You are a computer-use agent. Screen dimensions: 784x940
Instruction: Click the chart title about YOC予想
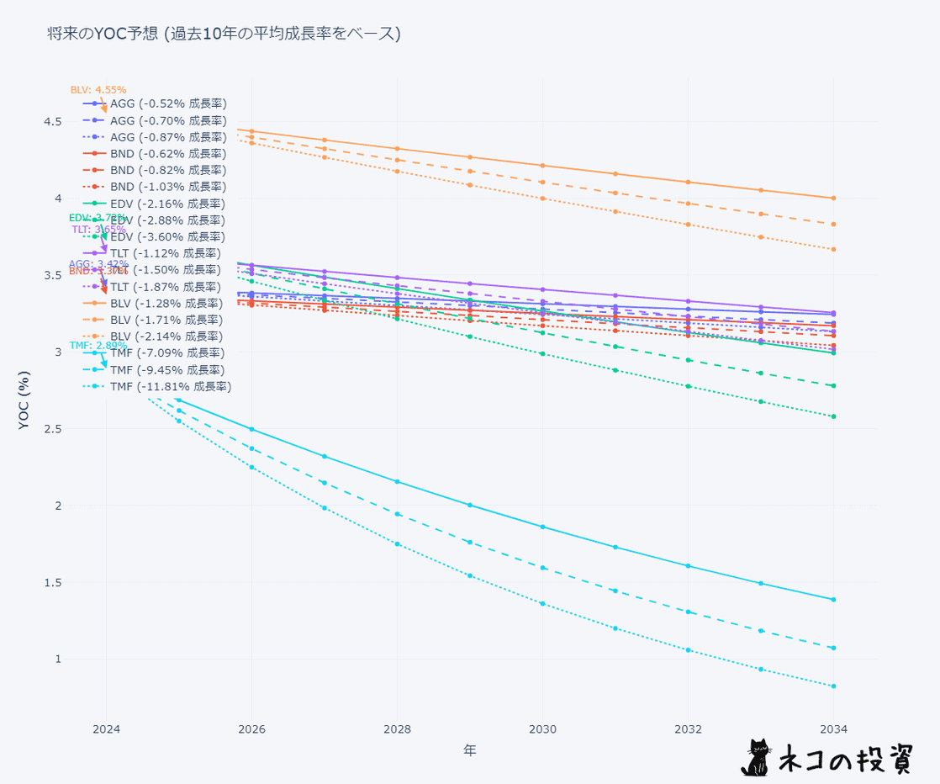[224, 34]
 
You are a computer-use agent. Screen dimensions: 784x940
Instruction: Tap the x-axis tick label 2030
[542, 728]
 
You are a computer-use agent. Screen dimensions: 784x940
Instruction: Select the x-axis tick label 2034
[833, 728]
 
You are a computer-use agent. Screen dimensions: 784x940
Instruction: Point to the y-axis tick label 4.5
[53, 122]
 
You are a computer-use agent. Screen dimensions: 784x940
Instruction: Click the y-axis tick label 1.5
[53, 582]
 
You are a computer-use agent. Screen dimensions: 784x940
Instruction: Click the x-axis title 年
[469, 750]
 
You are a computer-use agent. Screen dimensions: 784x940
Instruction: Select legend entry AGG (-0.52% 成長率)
[168, 103]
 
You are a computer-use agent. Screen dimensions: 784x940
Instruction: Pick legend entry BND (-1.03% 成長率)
[168, 187]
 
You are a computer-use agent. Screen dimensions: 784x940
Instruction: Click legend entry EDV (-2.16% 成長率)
[168, 204]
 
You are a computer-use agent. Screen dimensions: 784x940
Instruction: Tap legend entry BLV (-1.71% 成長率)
[168, 320]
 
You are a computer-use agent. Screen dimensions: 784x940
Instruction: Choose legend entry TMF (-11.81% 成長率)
[171, 386]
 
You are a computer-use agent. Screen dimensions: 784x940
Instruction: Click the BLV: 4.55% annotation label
[98, 89]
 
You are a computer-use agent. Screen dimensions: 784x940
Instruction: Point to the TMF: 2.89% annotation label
[98, 345]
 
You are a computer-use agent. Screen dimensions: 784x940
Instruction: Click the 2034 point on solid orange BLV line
[833, 199]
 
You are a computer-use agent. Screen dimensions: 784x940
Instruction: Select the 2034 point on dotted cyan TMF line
[833, 686]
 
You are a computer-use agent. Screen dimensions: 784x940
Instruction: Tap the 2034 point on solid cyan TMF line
[833, 600]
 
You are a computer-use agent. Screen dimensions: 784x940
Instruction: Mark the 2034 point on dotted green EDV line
[833, 416]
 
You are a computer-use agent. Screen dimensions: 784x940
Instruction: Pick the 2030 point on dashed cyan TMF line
[542, 568]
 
